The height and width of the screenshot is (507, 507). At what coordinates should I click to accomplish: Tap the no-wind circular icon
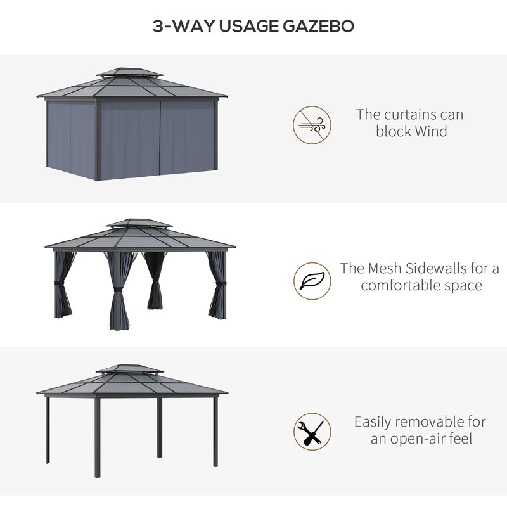[312, 125]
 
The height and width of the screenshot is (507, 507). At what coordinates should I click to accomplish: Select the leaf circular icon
[312, 281]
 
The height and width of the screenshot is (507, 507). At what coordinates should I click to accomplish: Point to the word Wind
[431, 132]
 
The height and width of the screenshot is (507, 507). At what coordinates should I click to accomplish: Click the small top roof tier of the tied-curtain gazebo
[139, 224]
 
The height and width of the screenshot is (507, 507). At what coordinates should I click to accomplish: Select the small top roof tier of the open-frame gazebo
[130, 369]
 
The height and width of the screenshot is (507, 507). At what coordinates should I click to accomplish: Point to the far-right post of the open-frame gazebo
[215, 431]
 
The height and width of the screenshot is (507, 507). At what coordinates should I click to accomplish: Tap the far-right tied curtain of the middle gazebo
[217, 285]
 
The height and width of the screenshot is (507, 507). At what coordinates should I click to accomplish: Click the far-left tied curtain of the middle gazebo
[63, 285]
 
